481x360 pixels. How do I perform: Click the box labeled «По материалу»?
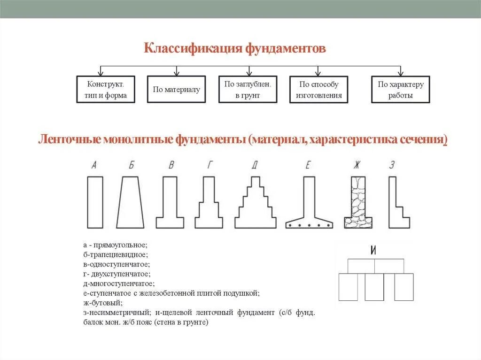pyautogui.click(x=176, y=90)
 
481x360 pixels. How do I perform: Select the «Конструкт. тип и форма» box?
pyautogui.click(x=106, y=90)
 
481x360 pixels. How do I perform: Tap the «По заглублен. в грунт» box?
pyautogui.click(x=248, y=90)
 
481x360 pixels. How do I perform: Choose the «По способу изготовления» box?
pyautogui.click(x=318, y=90)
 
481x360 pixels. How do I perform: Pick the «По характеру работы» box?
pyautogui.click(x=400, y=90)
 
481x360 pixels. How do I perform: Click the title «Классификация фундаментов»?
pyautogui.click(x=234, y=49)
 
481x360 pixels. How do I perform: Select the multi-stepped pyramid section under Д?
pyautogui.click(x=256, y=204)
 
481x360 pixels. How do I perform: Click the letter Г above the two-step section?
pyautogui.click(x=209, y=165)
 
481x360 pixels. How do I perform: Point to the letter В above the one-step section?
pyautogui.click(x=172, y=165)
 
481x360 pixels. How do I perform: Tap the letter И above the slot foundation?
pyautogui.click(x=373, y=250)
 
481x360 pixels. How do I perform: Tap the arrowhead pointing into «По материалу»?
pyautogui.click(x=176, y=73)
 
